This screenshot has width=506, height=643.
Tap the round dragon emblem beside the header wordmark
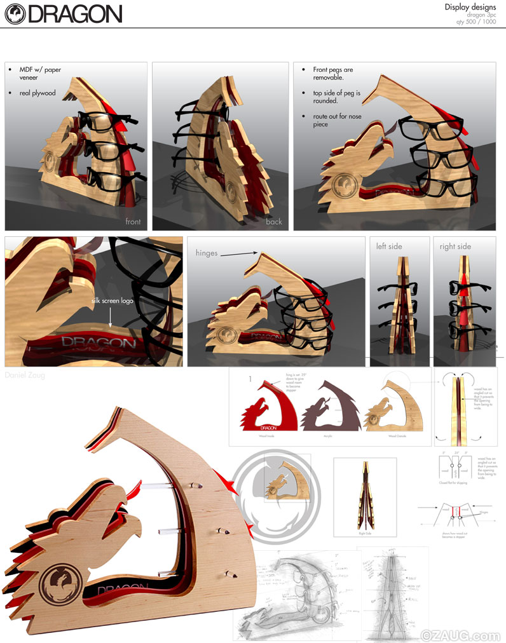[15, 13]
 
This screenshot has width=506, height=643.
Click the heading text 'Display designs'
[470, 7]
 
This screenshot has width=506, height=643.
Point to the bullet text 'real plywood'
[37, 93]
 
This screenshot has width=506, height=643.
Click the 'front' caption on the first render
[133, 222]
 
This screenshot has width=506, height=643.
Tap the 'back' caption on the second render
[274, 222]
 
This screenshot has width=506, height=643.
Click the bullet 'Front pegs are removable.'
[332, 73]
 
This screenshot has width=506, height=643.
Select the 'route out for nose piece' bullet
[336, 121]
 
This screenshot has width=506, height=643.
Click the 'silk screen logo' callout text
[111, 301]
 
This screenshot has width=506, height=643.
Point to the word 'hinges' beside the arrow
[207, 253]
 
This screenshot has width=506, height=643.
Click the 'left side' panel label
[389, 246]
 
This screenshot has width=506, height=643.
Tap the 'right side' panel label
[455, 246]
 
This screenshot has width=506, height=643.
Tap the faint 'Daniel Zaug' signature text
[25, 376]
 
